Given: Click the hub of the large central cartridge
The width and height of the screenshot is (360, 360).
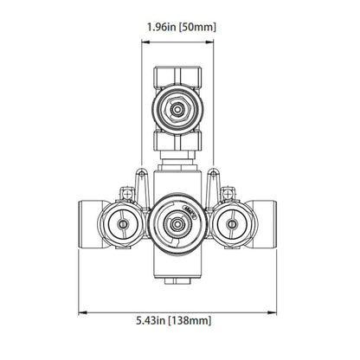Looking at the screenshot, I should [x=178, y=226].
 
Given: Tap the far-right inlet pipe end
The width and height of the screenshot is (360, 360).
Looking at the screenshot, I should [x=269, y=225].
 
